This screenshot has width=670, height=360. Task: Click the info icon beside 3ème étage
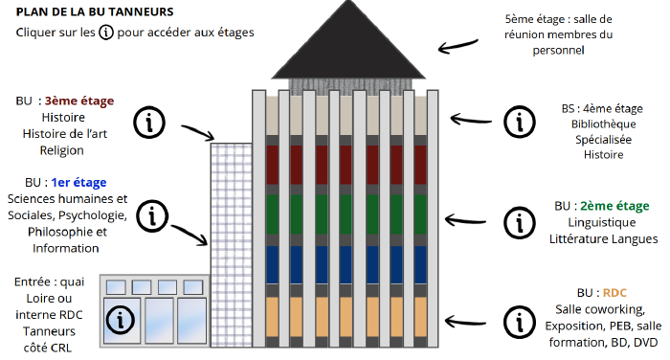coord(149,123)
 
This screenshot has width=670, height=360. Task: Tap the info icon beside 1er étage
coord(152,216)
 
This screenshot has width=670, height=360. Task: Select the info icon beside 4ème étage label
coord(519,122)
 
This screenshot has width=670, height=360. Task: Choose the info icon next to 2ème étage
coord(519,222)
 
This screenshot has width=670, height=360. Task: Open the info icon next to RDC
coord(519,322)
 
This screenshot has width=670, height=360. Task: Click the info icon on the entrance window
coord(120,320)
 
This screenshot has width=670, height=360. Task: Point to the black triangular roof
coord(348,47)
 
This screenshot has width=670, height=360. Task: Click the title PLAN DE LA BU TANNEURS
coord(95,11)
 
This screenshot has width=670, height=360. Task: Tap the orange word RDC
coord(614,293)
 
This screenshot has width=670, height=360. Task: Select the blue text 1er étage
coord(78,183)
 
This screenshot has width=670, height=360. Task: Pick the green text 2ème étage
coord(614,206)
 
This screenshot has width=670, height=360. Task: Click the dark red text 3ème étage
coord(79,101)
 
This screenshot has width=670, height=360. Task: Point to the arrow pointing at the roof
coord(458,46)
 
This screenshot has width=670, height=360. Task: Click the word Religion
coord(62,150)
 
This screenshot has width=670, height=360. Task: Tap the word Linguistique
coord(602,222)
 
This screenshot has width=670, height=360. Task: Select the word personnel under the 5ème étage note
coord(558,51)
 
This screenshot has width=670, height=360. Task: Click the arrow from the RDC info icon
coord(465,322)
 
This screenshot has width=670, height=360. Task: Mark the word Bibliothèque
coord(603,124)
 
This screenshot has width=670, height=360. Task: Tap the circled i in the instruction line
coord(106,32)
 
